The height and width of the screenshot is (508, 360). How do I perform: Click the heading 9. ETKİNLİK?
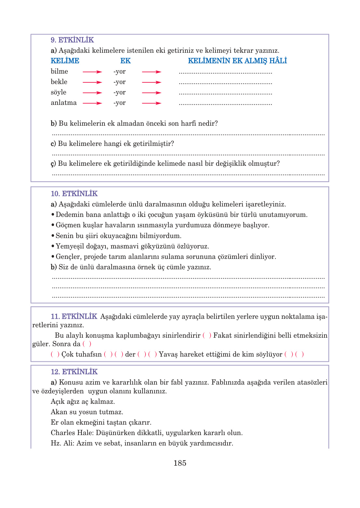coord(72,40)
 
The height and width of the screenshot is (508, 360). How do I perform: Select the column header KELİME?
coord(65,61)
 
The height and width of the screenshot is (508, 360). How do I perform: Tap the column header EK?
coord(125,61)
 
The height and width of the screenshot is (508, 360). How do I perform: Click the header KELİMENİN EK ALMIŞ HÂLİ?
coord(237,61)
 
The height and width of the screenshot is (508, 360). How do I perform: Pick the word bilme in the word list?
coord(59,71)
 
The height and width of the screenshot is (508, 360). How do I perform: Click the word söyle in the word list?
coord(58,92)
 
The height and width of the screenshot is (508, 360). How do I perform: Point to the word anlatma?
coord(63,103)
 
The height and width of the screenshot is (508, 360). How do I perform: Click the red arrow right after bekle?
coord(92,82)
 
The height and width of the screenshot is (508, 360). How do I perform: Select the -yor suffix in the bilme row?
coord(119,72)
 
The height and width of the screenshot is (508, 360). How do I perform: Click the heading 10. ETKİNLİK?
coord(74,194)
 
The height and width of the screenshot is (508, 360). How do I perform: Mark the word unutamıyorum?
coord(284,215)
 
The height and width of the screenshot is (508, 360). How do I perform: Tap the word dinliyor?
coord(263,257)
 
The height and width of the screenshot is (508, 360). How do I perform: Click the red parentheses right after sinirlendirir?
coord(207,335)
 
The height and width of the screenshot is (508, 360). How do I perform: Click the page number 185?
coord(180,463)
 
